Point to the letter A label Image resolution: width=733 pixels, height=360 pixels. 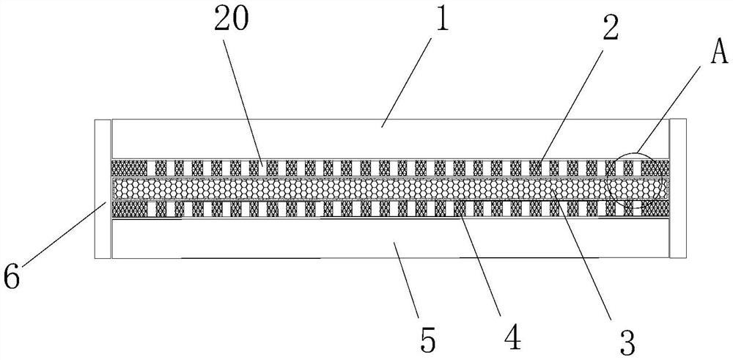pos(699,52)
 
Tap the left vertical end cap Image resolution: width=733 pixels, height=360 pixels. pos(103,189)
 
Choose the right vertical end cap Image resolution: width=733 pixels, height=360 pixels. pos(678,189)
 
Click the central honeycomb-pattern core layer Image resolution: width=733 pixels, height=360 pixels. pos(366,190)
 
